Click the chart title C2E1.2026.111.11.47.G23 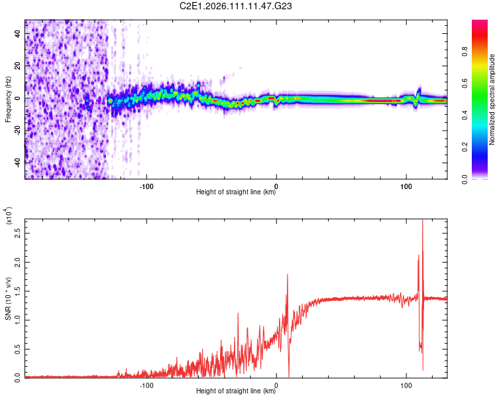click(x=236, y=7)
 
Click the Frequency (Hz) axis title click(x=9, y=99)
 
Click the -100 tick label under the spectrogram click(x=146, y=186)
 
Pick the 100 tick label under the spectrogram click(x=406, y=186)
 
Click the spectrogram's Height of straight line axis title click(x=236, y=193)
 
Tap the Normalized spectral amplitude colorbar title click(x=492, y=99)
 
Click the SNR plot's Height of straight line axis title click(x=236, y=391)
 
